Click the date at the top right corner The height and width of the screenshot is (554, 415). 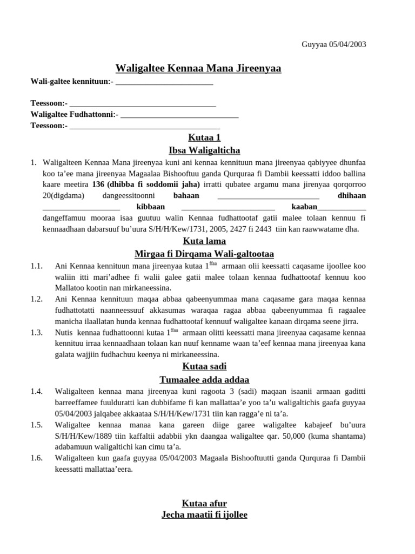[x=333, y=44]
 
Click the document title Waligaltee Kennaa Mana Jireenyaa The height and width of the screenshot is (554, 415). [x=198, y=68]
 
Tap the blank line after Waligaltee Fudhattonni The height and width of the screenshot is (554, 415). [x=179, y=114]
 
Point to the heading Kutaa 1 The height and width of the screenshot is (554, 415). [x=204, y=137]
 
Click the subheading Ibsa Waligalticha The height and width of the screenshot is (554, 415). [x=204, y=150]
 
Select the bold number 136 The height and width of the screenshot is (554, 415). [x=99, y=184]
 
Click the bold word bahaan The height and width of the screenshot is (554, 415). [x=186, y=195]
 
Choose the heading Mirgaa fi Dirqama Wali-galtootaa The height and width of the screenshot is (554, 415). [x=204, y=254]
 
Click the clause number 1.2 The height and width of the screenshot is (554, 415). [x=37, y=299]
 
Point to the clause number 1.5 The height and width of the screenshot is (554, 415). [x=37, y=425]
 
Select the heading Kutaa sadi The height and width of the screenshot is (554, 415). [x=204, y=366]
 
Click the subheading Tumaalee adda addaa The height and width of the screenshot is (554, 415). [x=204, y=379]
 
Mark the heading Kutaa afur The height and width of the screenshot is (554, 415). [x=204, y=504]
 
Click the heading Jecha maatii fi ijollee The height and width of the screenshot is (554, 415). [x=204, y=515]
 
